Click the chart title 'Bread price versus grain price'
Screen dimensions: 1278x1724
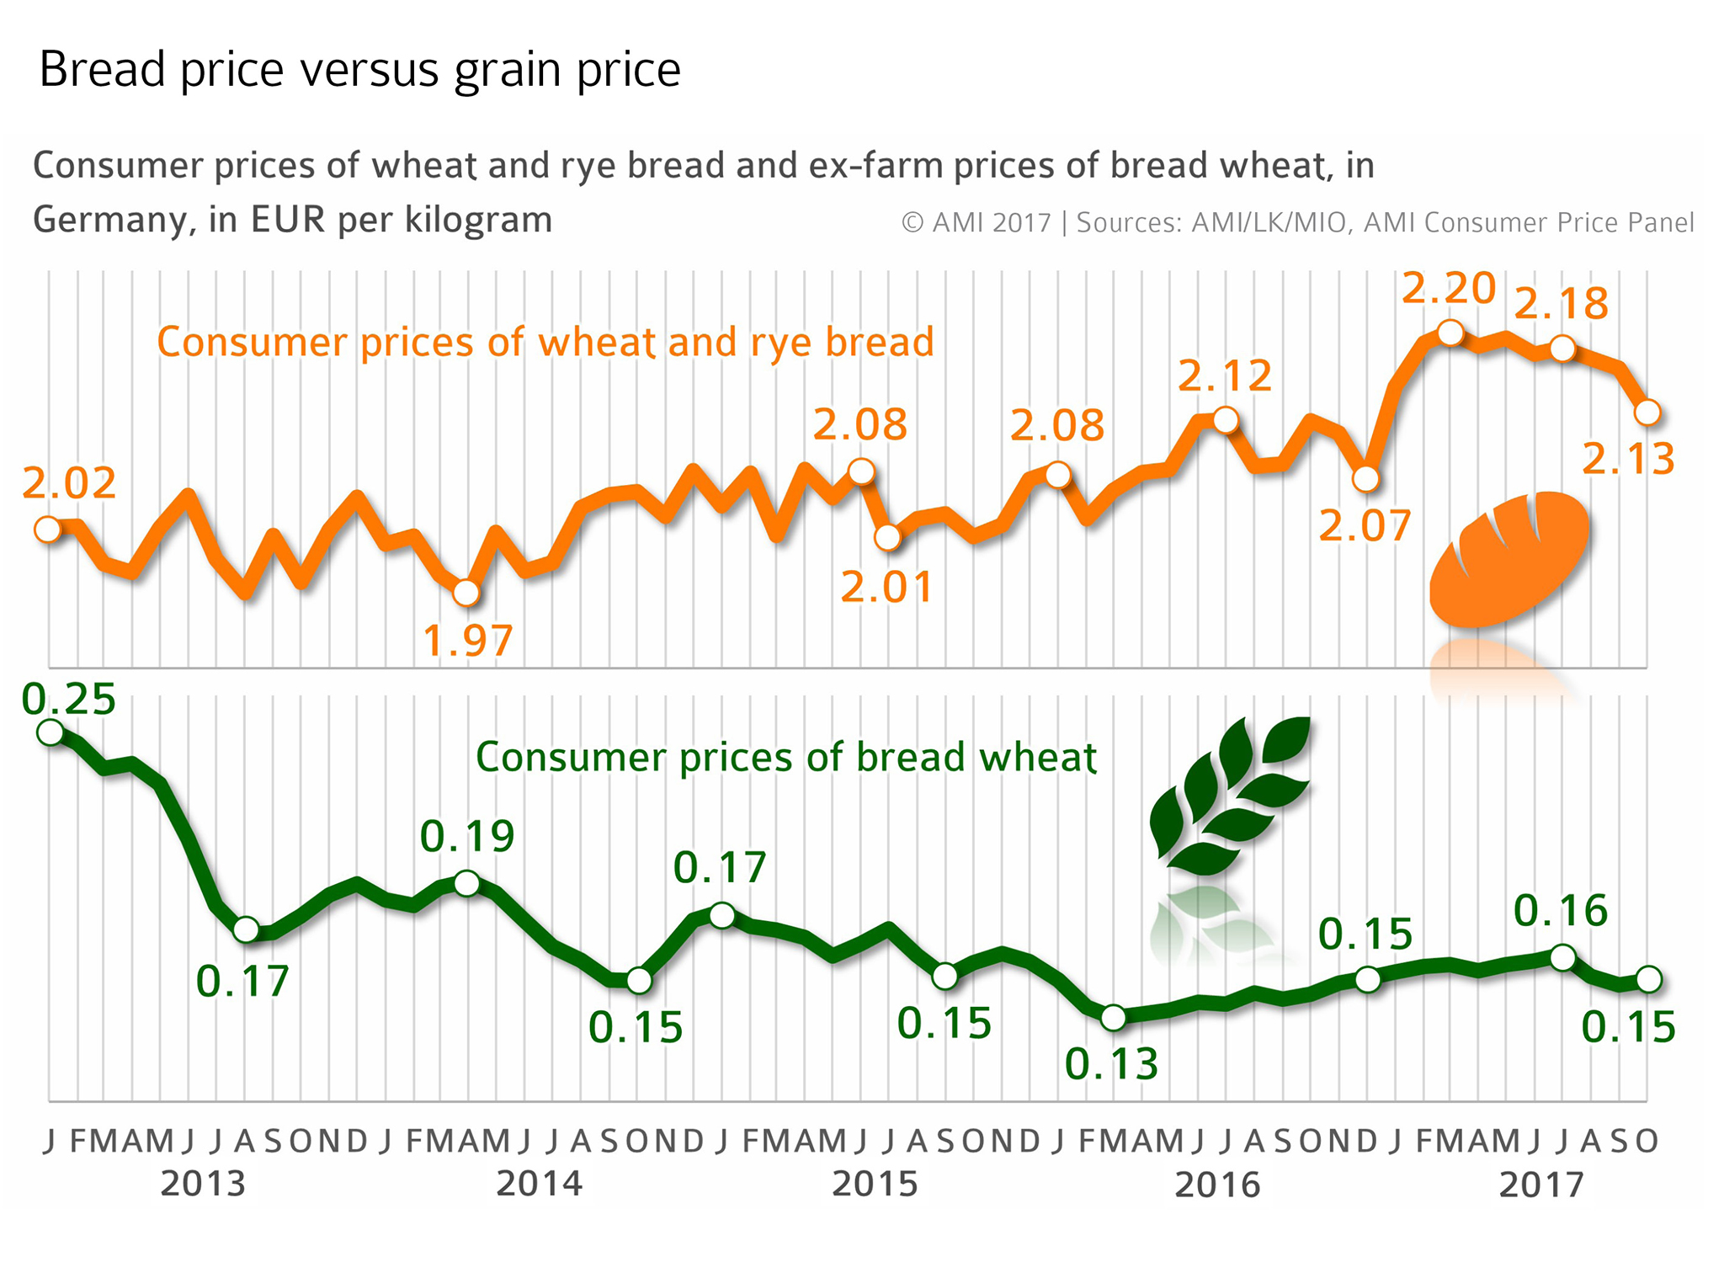pos(359,69)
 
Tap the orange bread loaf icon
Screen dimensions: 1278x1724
pos(1508,558)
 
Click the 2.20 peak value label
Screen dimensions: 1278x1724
pos(1448,289)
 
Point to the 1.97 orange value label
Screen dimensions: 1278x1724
pos(467,642)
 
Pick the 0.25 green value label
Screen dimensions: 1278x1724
pos(69,700)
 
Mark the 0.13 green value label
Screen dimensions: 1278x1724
pos(1111,1065)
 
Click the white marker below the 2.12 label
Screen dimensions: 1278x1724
pos(1226,419)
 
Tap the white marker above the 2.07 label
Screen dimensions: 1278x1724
pos(1365,479)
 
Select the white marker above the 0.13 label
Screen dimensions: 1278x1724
pos(1113,1018)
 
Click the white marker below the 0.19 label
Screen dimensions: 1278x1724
pos(466,883)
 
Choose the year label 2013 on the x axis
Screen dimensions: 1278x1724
pos(203,1184)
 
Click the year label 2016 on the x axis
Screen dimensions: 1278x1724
pos(1217,1185)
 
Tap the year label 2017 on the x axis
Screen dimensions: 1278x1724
pos(1541,1185)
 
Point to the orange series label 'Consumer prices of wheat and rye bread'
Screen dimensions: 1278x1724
pos(545,343)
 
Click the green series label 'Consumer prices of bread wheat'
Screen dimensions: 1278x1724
pos(786,757)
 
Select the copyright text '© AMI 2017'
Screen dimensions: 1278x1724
pos(976,223)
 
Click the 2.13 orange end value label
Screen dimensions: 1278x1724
pos(1628,460)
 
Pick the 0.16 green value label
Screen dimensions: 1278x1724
pos(1561,911)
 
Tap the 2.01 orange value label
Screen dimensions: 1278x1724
pos(887,587)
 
